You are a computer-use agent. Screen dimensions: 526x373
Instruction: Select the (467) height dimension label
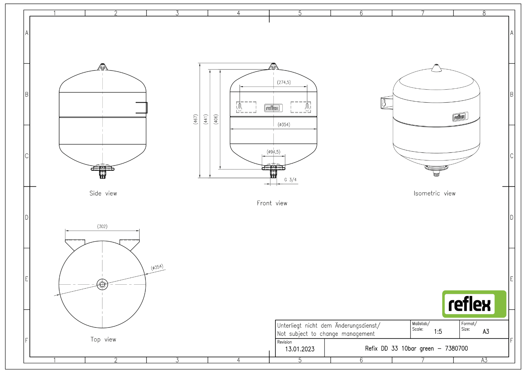pos(196,119)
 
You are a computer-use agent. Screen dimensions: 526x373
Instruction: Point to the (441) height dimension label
pos(206,119)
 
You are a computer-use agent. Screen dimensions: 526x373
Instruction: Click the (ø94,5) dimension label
pos(273,152)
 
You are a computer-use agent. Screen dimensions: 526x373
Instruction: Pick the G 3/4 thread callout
pos(290,180)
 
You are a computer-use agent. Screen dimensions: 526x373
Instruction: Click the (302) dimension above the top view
pos(102,227)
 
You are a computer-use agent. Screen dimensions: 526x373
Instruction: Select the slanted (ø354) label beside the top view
pos(157,267)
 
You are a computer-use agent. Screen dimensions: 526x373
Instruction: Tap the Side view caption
pos(103,193)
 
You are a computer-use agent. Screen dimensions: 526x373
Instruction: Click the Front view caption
pos(272,203)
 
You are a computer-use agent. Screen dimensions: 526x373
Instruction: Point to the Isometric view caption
pos(435,193)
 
